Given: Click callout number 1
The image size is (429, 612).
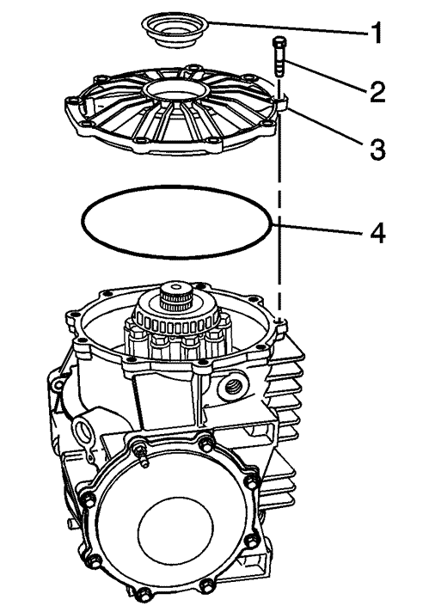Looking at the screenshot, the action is click(x=375, y=34).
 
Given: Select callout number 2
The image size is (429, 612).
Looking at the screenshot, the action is click(x=377, y=92).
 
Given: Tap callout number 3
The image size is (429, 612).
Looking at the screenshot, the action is click(x=377, y=150).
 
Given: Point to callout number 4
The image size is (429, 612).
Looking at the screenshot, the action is click(x=377, y=234).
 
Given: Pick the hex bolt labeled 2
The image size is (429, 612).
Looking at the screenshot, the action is click(x=279, y=56).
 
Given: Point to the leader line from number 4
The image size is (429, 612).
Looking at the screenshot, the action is click(x=319, y=229).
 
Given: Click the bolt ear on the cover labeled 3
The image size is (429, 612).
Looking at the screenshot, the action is click(x=282, y=103).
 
